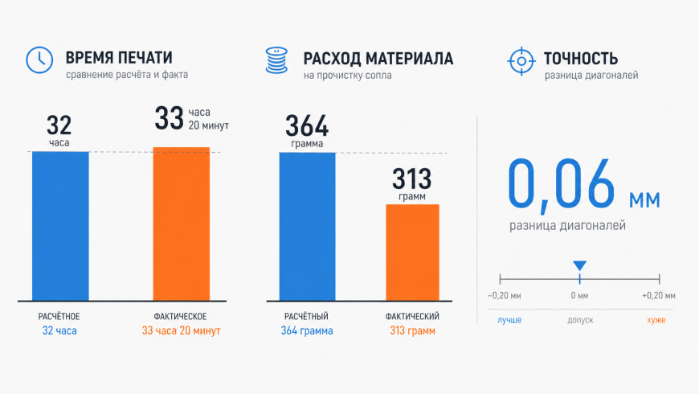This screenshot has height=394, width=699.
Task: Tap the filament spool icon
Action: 276,60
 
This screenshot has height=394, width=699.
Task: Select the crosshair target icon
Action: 521,60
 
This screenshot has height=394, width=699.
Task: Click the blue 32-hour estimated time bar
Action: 60,226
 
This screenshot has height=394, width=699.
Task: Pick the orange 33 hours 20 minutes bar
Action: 182,224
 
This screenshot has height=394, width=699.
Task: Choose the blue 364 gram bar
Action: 307,226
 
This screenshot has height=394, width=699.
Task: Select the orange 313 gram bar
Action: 412,252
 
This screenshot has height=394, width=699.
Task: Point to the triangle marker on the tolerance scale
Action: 579,265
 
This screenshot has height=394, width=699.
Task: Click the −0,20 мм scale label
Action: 505,295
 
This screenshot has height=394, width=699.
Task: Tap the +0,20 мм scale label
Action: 659,295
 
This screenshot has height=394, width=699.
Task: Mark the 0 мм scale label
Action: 579,295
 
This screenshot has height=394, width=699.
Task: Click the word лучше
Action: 509,320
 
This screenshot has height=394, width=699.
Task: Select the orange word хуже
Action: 656,320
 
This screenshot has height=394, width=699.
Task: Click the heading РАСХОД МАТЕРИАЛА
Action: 378,59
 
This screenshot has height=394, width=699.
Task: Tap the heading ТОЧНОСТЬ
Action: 581,59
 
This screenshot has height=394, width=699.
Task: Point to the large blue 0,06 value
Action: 562,183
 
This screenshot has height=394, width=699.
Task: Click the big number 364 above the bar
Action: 307,125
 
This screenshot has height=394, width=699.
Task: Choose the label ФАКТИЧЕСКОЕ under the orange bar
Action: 180,316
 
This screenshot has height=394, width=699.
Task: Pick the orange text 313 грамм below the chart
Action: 412,330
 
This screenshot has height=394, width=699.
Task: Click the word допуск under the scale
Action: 580,320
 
